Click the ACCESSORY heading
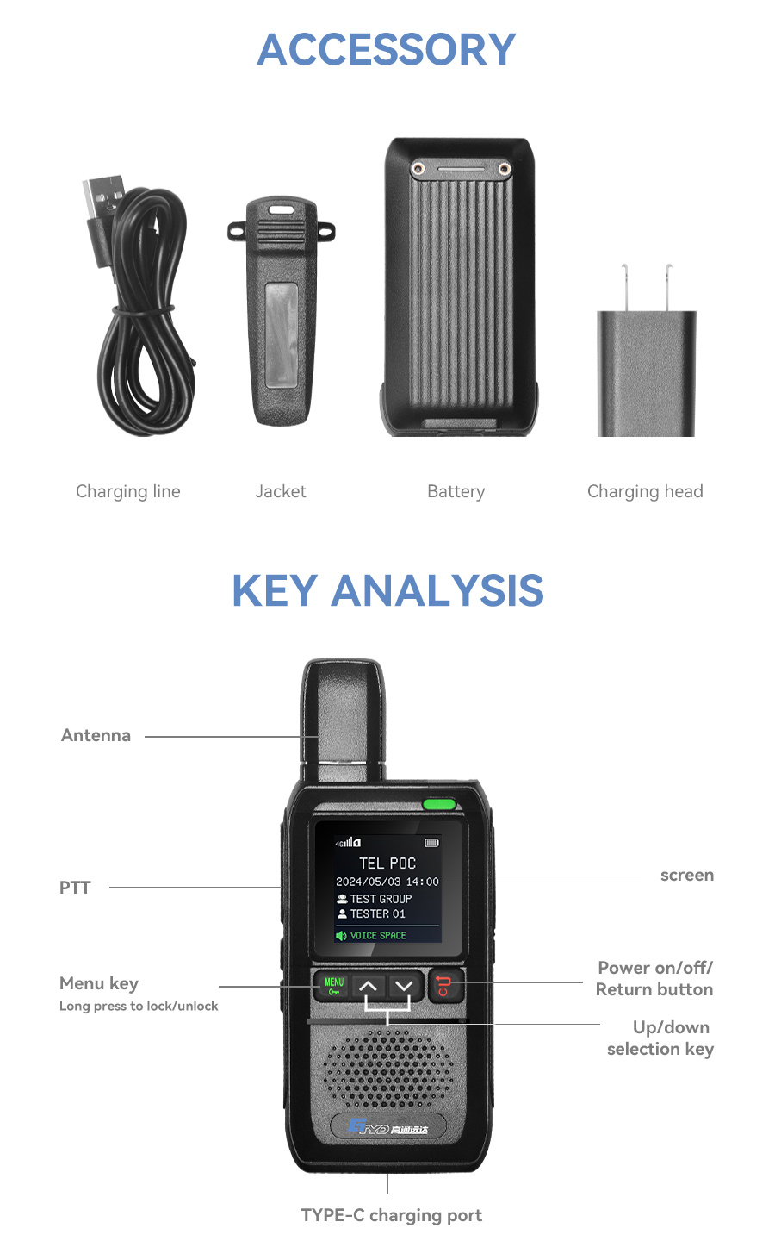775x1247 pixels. pos(387,49)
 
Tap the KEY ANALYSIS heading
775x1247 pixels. pos(387,590)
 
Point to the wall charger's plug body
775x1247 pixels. pos(647,373)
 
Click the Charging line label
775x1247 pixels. pos(128,491)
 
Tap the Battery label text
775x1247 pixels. pos(456,491)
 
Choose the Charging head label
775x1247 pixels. pos(645,491)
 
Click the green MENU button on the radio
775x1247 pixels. pos(334,986)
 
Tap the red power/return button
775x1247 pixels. pos(444,986)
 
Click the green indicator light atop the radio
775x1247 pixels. pos(439,804)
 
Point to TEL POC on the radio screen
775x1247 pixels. pos(387,864)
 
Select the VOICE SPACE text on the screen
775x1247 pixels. pos(378,935)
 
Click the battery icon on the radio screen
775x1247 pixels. pos(432,843)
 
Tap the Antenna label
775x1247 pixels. pos(96,735)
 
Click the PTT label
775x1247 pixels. pos(75,888)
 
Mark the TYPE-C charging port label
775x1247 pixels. pos(392,1215)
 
